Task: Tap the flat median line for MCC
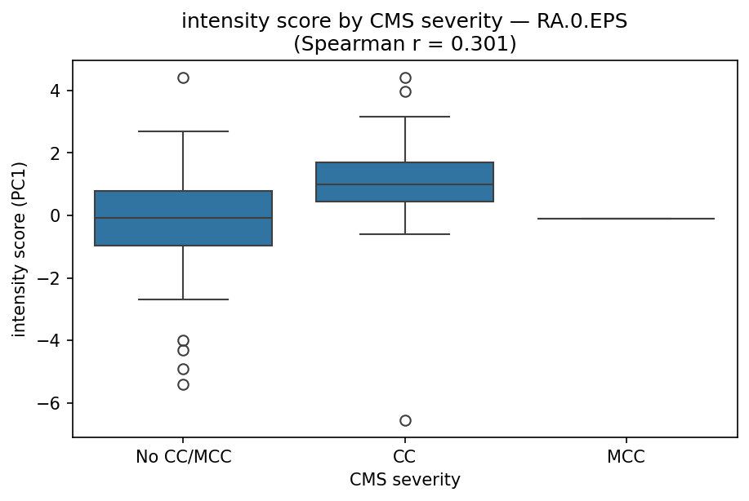[x=626, y=219]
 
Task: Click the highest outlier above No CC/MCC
[x=183, y=78]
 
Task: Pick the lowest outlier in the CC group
[x=405, y=420]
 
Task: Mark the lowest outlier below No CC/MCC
[x=183, y=384]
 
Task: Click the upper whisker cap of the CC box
[x=405, y=117]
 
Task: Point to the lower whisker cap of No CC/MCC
[x=183, y=299]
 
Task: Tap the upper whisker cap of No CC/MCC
[x=183, y=131]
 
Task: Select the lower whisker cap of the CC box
[x=405, y=234]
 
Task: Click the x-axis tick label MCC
[x=626, y=457]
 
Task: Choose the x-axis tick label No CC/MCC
[x=183, y=457]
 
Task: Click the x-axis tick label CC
[x=405, y=457]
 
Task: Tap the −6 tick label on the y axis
[x=55, y=404]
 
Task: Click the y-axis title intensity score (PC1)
[x=19, y=249]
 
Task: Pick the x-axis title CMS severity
[x=405, y=481]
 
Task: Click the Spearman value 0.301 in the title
[x=484, y=43]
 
